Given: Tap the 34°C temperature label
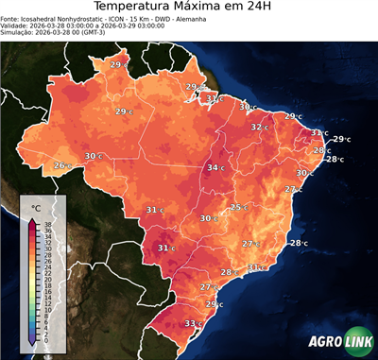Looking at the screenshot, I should pos(216,168).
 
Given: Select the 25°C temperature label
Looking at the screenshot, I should pos(239,207).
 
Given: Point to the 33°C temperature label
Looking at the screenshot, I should pos(193,324).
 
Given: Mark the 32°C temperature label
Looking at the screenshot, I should pos(259,126).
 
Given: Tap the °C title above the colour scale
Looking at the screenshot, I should pos(37,207).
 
